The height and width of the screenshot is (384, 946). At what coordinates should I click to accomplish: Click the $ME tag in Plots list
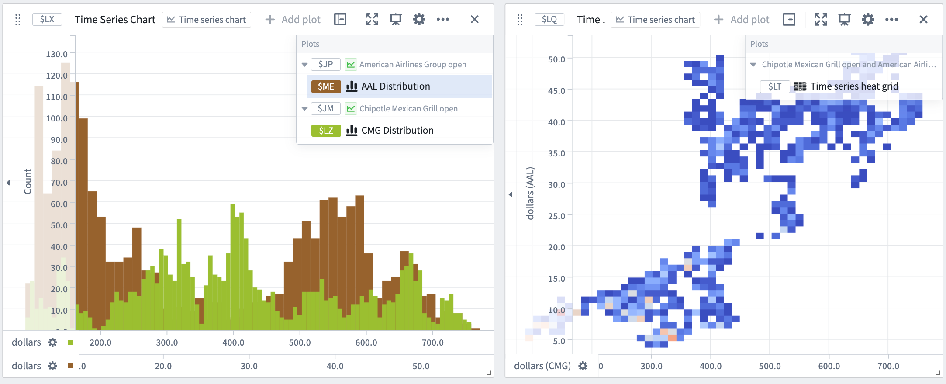click(326, 86)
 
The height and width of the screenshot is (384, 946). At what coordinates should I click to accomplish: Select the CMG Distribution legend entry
click(397, 131)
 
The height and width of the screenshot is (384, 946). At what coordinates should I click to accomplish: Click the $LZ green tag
click(326, 131)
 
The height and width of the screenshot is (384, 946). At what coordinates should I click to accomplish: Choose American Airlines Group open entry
click(412, 65)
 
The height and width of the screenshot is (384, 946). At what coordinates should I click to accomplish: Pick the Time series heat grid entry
click(854, 86)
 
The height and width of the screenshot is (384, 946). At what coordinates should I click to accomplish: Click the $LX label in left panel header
click(47, 19)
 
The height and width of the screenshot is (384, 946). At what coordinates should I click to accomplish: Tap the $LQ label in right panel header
click(549, 19)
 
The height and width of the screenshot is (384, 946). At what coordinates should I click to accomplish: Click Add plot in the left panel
click(293, 20)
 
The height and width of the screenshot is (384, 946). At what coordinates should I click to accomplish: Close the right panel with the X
click(923, 19)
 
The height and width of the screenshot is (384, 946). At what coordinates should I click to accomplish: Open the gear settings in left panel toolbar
click(419, 19)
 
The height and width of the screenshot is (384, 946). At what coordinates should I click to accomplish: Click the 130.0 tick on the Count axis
click(57, 54)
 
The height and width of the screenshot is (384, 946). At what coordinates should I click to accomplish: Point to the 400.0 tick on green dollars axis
click(233, 342)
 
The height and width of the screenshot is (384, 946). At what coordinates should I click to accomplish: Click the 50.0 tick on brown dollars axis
click(421, 366)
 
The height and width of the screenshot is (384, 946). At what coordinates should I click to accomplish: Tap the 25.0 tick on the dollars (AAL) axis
click(556, 216)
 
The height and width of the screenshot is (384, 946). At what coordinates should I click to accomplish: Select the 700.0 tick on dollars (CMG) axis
click(888, 366)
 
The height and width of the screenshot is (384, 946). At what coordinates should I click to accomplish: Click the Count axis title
click(28, 181)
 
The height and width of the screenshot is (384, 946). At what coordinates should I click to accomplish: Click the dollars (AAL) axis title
click(530, 193)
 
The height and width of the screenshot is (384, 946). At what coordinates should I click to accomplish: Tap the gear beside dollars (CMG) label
click(583, 366)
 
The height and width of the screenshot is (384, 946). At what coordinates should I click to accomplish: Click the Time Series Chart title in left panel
click(115, 20)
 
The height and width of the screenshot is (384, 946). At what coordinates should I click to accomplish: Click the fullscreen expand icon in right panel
click(821, 19)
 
